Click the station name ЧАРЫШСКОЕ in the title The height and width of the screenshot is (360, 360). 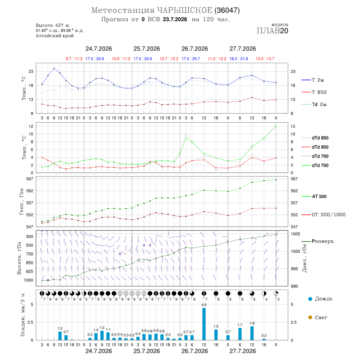pos(184,10)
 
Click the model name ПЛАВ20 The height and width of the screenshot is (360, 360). pos(272,31)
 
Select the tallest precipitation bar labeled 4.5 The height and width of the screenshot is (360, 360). pos(204,324)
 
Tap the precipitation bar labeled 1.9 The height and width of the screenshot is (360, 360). pos(252,333)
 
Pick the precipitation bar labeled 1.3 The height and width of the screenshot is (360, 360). pos(102,336)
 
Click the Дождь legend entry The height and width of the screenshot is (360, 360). pos(320,299)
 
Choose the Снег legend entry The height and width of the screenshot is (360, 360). pos(318,317)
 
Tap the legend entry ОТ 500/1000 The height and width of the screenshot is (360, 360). pos(323,215)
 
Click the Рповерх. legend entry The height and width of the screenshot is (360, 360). pos(318,241)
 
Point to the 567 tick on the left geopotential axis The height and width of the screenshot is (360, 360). pos(30,179)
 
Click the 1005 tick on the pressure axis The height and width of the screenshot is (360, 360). pos(295,234)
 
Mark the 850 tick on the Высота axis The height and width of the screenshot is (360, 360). pos(29,263)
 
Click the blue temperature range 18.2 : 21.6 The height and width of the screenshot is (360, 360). pos(239,59)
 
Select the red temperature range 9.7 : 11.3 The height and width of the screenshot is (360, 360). pos(74,59)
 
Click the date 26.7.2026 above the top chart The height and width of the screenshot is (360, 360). pos(194,49)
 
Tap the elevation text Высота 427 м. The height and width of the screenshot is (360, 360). pos(53,25)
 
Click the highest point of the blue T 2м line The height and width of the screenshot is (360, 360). pos(54,68)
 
